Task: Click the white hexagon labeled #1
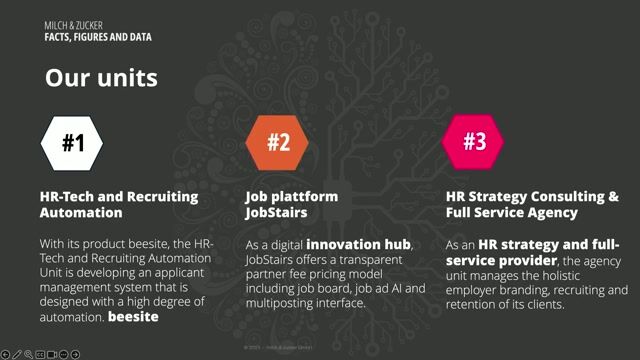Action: pos(74,143)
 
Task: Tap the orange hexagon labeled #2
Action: pos(278,143)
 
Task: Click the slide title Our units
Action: pos(101,77)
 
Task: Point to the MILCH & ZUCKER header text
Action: pos(72,24)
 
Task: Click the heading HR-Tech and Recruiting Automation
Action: pos(119,204)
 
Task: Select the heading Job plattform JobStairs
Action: pos(292,204)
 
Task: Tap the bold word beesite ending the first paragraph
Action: pos(135,318)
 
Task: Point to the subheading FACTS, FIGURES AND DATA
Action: pos(97,36)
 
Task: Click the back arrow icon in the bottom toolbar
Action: pos(6,354)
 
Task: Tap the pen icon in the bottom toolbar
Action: pos(17,354)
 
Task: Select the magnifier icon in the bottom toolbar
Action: pos(28,354)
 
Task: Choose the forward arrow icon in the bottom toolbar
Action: pos(76,354)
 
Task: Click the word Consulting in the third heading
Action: pos(556,197)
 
